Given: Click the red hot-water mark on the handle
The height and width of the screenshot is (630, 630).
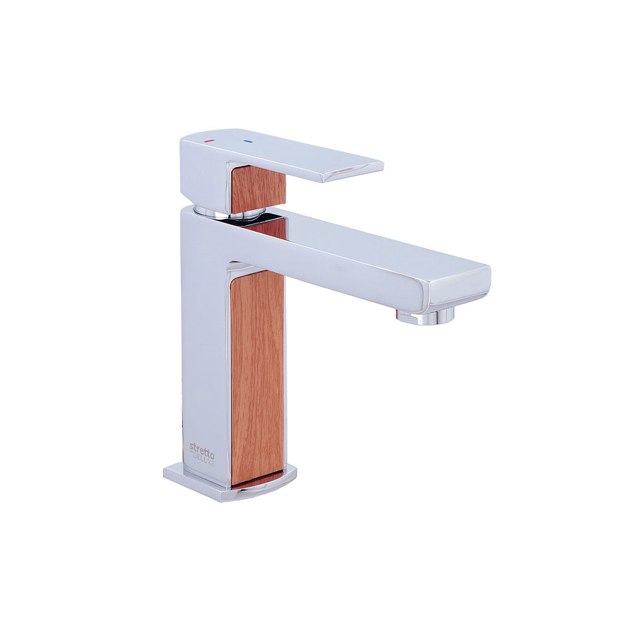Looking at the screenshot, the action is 208,141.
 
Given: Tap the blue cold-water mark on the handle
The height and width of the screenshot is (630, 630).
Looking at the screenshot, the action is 247,141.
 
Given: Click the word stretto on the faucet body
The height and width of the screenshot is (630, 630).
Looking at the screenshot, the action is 202,447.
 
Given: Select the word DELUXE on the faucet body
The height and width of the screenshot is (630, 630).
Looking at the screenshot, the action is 205,457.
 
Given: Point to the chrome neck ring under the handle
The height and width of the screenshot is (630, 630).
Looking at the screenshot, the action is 229,214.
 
